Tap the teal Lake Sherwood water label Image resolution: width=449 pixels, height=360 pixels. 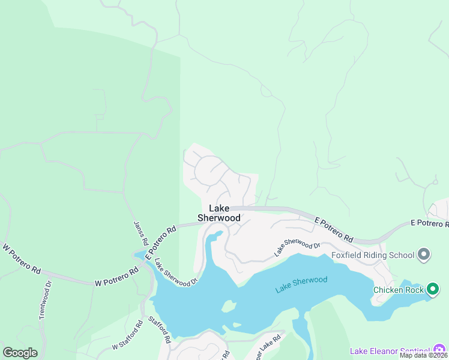pyautogui.click(x=301, y=284)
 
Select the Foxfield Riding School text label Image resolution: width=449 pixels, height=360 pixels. pyautogui.click(x=373, y=255)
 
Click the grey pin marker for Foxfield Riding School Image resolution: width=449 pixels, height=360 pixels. pyautogui.click(x=424, y=255)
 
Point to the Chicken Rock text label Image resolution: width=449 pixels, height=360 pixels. pyautogui.click(x=399, y=290)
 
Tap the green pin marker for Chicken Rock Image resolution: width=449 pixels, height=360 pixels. pyautogui.click(x=432, y=290)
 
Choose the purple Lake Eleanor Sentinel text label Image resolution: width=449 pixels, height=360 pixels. pyautogui.click(x=390, y=350)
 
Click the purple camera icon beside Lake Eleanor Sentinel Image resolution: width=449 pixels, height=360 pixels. pyautogui.click(x=440, y=350)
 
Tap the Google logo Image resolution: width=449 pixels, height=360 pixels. pyautogui.click(x=20, y=353)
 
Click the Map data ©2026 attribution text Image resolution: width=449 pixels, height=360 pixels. pyautogui.click(x=424, y=356)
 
